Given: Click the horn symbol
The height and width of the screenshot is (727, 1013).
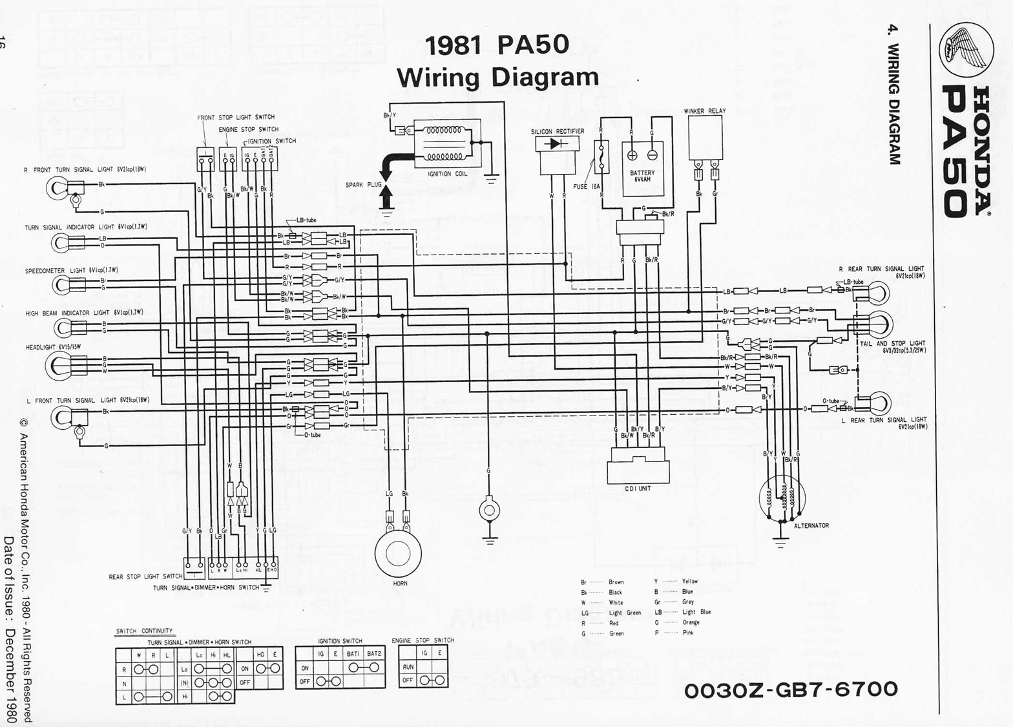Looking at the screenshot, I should pos(398,553).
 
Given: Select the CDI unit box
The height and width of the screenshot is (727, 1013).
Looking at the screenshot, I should pos(638,467).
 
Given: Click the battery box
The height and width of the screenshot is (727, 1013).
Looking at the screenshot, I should pos(642,169).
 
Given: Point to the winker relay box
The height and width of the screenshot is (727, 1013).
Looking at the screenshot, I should pos(705,137).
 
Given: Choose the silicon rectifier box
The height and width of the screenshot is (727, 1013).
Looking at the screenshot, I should pos(556,154).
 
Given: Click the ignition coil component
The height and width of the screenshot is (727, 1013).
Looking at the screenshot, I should pos(444,143).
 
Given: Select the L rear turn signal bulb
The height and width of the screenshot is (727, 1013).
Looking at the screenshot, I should pos(879,404).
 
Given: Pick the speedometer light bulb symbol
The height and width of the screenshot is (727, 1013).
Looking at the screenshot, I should pos(61,284).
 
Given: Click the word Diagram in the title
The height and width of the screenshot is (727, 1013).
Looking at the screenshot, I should pos(545,78).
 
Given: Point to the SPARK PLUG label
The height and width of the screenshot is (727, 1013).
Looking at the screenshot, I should pos(363,185).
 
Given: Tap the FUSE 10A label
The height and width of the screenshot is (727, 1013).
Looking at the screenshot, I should pos(587,187).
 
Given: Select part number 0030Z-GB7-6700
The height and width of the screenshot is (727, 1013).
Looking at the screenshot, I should pos(791,690).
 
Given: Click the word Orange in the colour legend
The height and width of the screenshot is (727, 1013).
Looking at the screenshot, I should pos(691,622).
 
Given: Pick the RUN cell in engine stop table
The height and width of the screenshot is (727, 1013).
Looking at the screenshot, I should pos(408,666).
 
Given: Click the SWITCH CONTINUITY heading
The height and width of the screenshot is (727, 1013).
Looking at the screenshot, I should pos(144,631).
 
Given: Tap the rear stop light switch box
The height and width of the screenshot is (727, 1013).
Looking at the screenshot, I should pos(194,568).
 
